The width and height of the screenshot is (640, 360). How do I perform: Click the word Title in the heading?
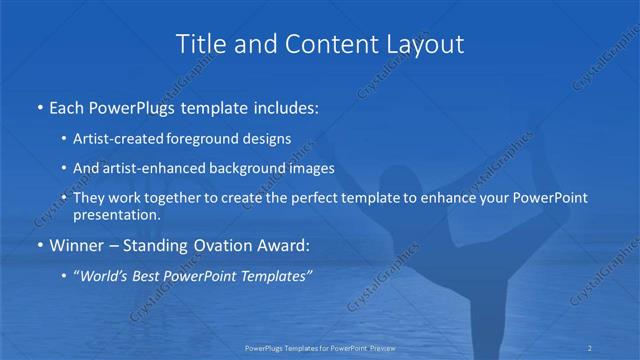click(x=199, y=45)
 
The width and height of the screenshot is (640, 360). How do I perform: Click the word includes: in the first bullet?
click(x=289, y=105)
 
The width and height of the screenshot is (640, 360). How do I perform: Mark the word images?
click(x=312, y=168)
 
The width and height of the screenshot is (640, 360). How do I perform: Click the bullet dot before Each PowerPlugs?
click(x=39, y=105)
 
